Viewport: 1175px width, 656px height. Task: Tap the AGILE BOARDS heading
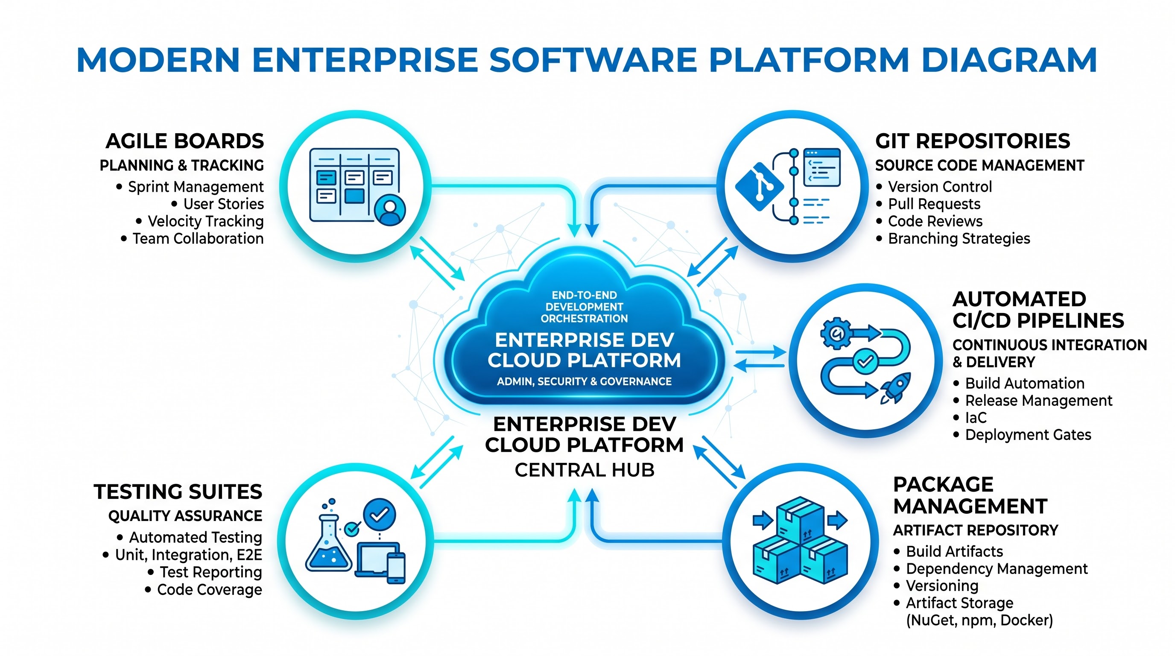point(185,141)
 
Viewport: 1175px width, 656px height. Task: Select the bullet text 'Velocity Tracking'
point(206,221)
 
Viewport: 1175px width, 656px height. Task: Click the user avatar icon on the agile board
point(389,210)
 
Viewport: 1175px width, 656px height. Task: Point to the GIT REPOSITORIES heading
point(973,141)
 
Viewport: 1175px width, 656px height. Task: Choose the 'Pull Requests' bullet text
point(934,204)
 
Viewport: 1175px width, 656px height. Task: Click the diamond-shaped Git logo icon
point(760,187)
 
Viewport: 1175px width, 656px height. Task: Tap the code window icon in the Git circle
point(822,167)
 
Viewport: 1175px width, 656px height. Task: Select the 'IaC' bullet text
point(976,417)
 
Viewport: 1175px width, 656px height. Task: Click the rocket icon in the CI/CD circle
point(895,388)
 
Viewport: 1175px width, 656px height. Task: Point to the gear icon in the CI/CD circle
point(836,334)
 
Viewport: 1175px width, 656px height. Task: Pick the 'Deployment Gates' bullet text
point(1028,435)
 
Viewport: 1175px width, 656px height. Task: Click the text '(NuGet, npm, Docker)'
point(979,621)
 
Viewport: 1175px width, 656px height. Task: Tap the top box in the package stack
point(800,518)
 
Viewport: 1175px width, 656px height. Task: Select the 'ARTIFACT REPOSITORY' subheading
point(976,530)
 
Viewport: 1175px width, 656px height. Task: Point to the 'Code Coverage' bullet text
point(210,589)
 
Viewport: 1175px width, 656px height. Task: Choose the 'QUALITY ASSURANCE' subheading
point(185,516)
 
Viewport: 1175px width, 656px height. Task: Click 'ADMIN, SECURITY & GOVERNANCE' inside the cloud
point(585,381)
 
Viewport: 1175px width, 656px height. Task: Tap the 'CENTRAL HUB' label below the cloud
point(585,470)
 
